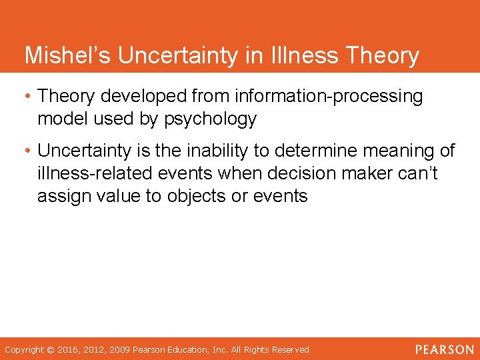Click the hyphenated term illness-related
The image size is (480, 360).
coord(97,173)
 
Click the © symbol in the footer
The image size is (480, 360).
coord(51,349)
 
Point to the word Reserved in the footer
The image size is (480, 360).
coord(288,349)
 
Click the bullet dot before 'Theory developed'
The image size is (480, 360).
coord(29,96)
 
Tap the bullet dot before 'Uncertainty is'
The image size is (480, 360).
coord(29,151)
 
